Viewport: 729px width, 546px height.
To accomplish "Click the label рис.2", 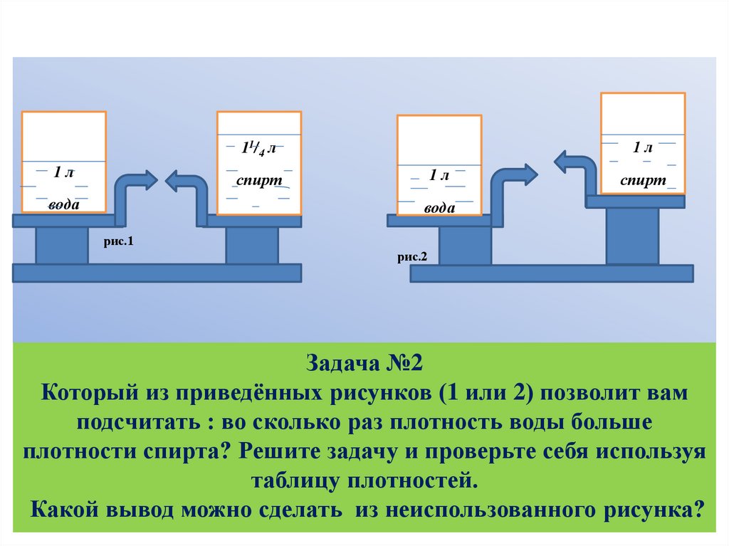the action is click(412, 257).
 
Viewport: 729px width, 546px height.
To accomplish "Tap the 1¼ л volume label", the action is click(259, 149).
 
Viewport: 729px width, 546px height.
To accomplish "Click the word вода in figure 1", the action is click(64, 205).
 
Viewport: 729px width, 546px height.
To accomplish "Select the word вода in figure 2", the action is click(439, 209).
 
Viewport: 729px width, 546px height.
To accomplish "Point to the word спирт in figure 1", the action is click(259, 181).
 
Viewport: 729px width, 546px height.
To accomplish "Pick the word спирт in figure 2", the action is click(643, 181).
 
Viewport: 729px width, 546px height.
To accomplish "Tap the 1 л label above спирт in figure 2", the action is click(643, 148).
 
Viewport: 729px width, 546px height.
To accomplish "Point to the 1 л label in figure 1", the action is click(63, 172).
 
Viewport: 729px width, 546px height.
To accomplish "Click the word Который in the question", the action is click(80, 394).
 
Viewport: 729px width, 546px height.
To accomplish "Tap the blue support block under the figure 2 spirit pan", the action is click(631, 236).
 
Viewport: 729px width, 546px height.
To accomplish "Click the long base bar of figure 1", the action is click(157, 272).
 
